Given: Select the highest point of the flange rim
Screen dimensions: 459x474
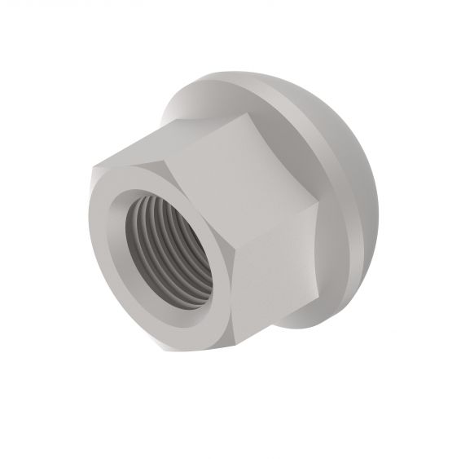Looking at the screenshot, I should pos(236,73).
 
